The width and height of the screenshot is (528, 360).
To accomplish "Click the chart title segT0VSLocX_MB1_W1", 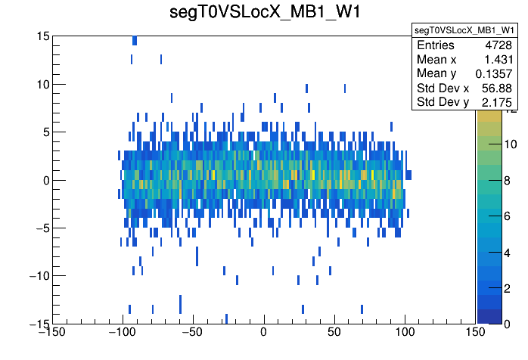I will (264, 13).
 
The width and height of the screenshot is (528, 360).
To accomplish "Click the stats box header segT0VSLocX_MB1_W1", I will (464, 29).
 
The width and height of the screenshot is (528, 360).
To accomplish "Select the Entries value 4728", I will (498, 45).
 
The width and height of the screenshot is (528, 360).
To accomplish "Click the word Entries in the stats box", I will (436, 45).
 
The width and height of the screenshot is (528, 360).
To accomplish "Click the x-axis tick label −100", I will (121, 331).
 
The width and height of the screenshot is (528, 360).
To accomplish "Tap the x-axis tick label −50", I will (192, 331).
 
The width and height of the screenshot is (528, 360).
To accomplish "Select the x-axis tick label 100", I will (405, 331).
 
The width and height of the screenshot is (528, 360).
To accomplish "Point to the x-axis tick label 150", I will (476, 331).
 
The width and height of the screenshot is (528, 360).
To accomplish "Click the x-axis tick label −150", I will (51, 331).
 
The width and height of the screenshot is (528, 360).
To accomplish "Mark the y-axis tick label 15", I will (42, 36).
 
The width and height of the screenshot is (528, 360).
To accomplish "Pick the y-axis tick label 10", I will (42, 84).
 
